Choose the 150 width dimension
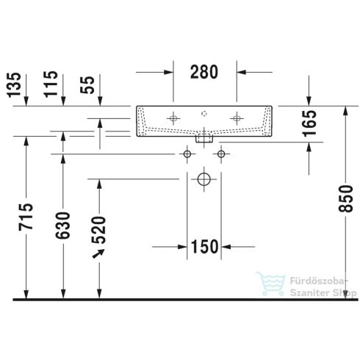click(x=205, y=245)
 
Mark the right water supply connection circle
click(x=220, y=154)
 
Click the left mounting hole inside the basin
click(x=173, y=118)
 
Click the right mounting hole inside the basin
click(x=237, y=118)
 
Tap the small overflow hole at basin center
click(x=204, y=114)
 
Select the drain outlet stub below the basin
click(x=204, y=137)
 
